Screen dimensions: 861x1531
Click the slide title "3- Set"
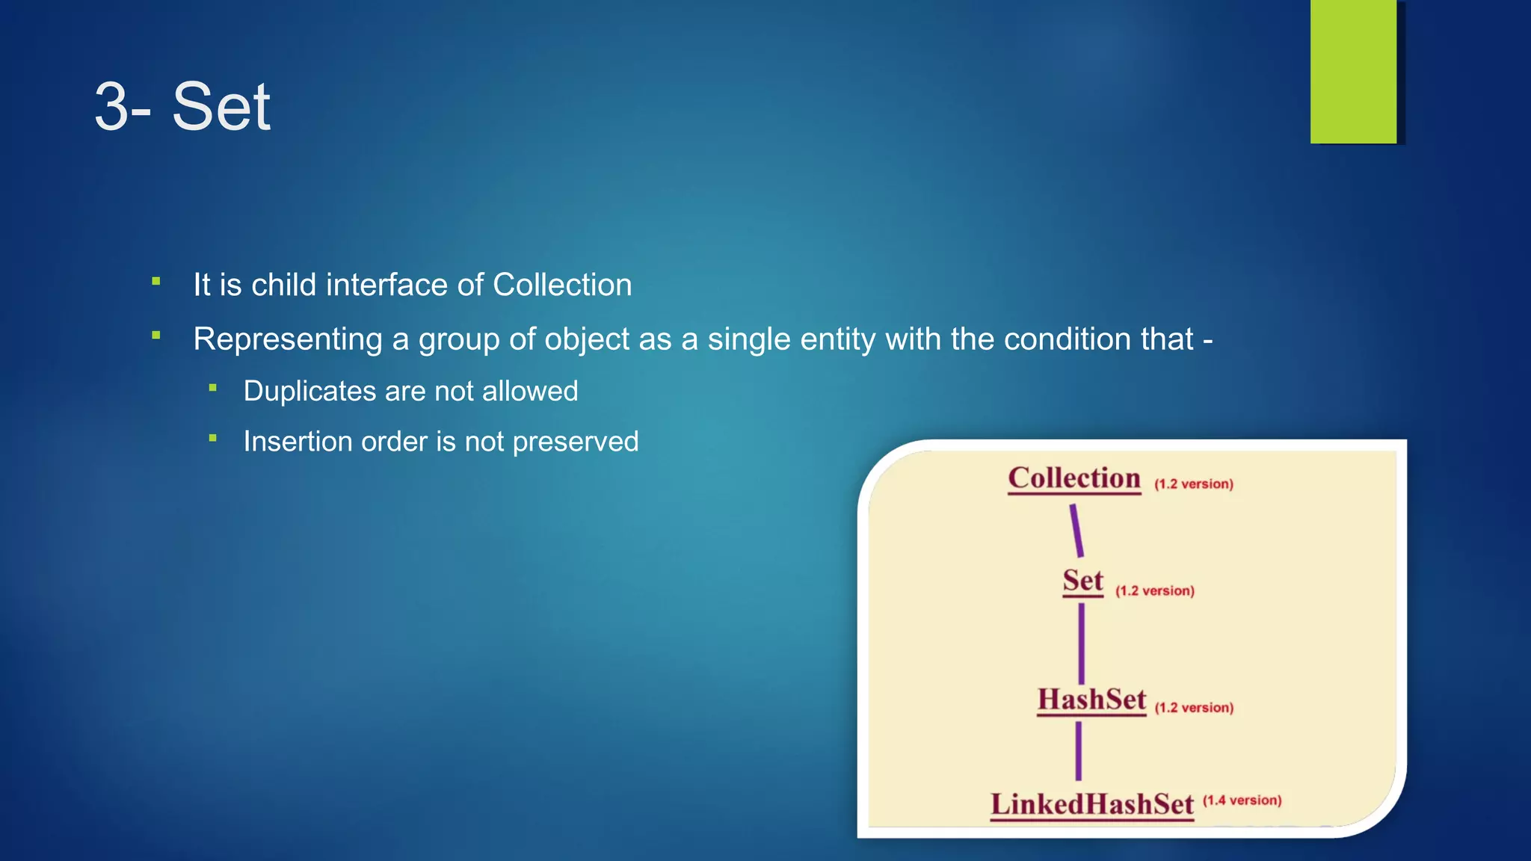(182, 107)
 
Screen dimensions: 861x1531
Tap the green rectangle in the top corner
(1353, 71)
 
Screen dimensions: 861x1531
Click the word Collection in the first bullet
(562, 285)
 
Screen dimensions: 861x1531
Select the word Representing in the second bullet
(288, 339)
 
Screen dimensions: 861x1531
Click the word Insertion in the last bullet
(298, 442)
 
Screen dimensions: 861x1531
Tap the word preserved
(576, 442)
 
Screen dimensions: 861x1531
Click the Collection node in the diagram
(1074, 478)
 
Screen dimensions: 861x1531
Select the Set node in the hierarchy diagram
(1082, 581)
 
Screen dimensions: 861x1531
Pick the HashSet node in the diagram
(1091, 700)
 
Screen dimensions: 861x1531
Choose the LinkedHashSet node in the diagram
(1092, 804)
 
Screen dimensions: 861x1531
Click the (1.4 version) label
(1242, 800)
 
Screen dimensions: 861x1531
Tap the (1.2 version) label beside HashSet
(1194, 708)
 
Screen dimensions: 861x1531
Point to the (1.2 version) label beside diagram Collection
(1194, 484)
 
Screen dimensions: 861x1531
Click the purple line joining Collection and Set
(1076, 531)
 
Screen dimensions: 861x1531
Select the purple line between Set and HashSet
(1081, 643)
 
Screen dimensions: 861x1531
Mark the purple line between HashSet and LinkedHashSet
(1078, 750)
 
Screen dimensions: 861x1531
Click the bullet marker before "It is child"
(156, 282)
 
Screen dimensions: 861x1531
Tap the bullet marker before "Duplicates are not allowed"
(213, 388)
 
